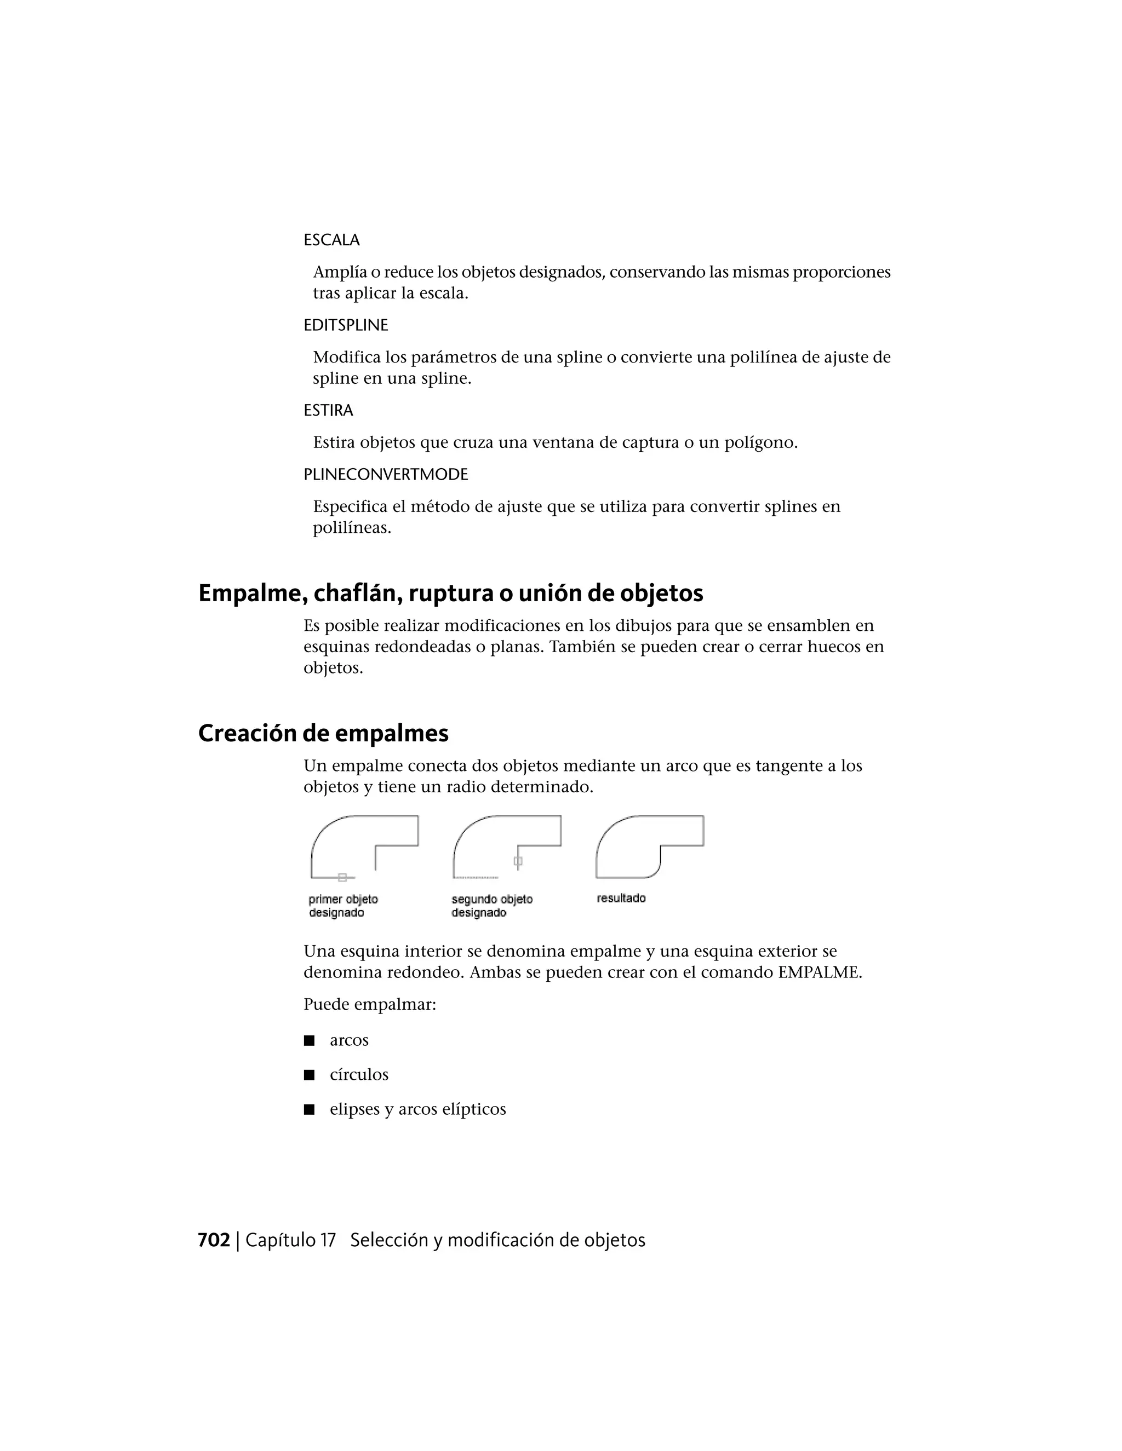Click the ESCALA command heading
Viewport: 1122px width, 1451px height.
click(331, 240)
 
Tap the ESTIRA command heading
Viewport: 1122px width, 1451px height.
click(328, 410)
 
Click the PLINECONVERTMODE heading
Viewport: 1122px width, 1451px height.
click(386, 474)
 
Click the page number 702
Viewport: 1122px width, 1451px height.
click(213, 1240)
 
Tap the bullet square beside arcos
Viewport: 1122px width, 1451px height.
click(309, 1040)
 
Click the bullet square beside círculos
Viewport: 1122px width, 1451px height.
click(309, 1075)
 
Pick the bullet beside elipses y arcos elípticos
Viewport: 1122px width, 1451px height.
click(309, 1109)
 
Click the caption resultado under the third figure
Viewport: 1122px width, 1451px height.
click(621, 898)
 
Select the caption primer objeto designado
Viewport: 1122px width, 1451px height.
click(343, 906)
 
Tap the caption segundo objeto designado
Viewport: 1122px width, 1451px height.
click(492, 906)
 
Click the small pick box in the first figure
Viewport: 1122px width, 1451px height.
click(342, 878)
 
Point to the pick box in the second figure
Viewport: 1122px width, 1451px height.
click(518, 861)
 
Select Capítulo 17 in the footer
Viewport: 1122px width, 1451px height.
click(290, 1240)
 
